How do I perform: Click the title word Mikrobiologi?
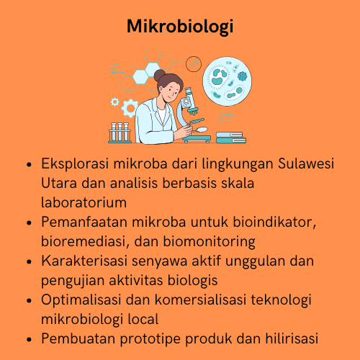point(179,27)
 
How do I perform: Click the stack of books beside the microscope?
point(230,137)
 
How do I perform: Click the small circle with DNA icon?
point(192,64)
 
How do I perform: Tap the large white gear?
point(130,109)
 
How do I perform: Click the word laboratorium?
point(84,202)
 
